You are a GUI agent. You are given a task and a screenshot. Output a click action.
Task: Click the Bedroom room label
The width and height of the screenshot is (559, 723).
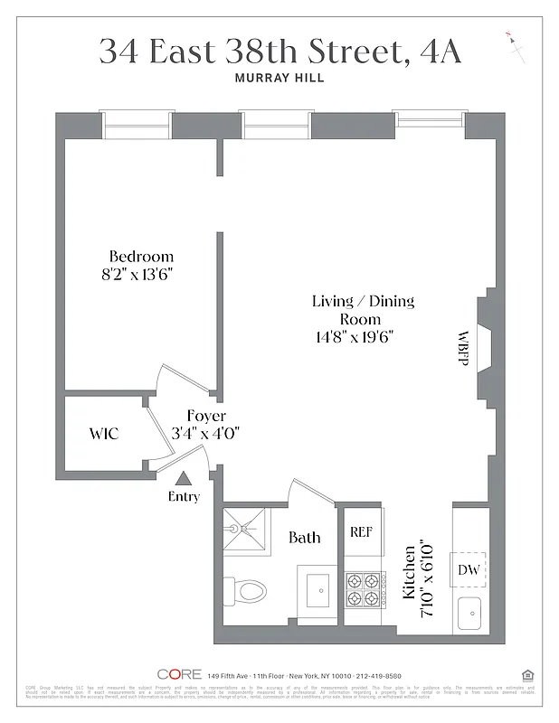pos(141,256)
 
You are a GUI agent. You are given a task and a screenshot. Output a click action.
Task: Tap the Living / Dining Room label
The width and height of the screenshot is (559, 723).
pos(362,310)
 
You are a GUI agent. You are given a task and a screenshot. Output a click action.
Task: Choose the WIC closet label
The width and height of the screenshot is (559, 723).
pos(103,434)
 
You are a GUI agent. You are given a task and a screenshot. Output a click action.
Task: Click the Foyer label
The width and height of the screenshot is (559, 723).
pos(206,416)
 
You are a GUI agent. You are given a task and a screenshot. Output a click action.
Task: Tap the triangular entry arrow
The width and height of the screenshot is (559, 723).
pos(184,479)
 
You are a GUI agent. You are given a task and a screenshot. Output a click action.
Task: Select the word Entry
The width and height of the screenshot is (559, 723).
pos(184,496)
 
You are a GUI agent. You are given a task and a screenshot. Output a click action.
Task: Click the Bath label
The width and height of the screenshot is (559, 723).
pos(304,538)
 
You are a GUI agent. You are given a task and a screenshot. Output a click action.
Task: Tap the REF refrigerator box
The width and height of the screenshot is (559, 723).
pos(361,532)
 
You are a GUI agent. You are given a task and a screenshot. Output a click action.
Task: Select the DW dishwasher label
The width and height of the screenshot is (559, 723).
pos(469,569)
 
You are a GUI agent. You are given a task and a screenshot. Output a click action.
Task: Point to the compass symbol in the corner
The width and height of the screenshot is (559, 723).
pos(516,45)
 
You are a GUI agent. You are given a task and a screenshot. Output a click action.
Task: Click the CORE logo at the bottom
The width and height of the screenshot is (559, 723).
pos(178,674)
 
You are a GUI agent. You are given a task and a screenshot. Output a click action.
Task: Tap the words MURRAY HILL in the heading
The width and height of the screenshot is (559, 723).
pos(279,79)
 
